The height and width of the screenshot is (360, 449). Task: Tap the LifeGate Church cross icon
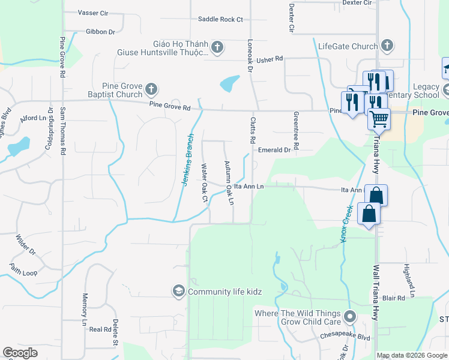pos(387,46)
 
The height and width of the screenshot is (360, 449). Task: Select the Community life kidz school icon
pos(178,292)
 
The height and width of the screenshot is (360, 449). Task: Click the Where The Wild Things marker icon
pos(350,316)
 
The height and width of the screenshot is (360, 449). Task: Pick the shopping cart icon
pos(379,119)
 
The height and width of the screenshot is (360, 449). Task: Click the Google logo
pos(20,353)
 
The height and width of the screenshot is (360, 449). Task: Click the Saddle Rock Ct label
pos(220,19)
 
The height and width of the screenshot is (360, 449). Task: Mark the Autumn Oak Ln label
pos(229,182)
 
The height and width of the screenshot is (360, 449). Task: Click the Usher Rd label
pos(269,60)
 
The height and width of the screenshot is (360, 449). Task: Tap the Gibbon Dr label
pos(100,31)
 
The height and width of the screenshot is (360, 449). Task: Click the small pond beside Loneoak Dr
pos(230,83)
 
